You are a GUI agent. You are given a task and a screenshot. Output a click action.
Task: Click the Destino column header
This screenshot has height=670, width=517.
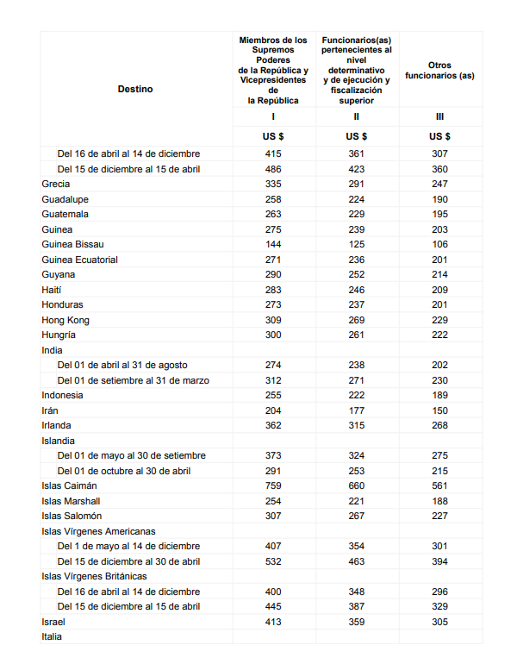(135, 89)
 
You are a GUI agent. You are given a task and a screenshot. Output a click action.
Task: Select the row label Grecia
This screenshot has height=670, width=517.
(56, 184)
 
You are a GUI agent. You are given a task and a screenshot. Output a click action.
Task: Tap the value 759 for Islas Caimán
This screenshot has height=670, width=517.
(273, 485)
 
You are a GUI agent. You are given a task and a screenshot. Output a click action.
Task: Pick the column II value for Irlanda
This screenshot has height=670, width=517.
(357, 425)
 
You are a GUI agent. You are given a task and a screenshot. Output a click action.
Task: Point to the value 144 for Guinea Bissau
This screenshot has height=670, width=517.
(273, 244)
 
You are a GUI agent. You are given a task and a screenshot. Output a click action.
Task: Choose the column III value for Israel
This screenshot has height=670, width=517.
(439, 622)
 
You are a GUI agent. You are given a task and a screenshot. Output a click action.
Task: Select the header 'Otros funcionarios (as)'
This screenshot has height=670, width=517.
(439, 71)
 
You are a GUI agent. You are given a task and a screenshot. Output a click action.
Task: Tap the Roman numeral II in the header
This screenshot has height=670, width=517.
(357, 116)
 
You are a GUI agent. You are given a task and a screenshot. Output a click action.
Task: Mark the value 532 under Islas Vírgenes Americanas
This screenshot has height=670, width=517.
(273, 561)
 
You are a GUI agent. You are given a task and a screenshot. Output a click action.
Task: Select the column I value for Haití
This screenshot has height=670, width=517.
(273, 290)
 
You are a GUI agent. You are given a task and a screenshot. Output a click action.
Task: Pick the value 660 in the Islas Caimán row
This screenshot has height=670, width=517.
(357, 485)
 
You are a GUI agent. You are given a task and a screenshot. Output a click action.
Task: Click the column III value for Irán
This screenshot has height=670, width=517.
(439, 410)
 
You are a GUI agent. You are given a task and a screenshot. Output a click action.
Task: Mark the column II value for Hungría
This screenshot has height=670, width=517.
(357, 335)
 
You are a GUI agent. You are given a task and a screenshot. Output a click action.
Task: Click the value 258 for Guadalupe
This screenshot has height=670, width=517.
(273, 199)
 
